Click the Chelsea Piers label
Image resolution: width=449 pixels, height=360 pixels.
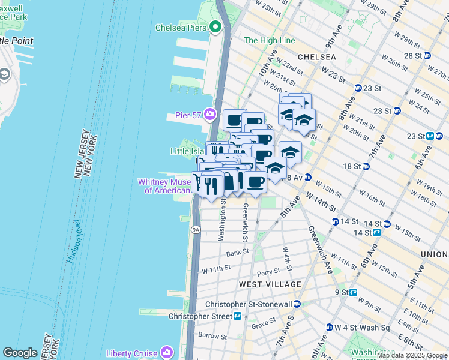[181, 28]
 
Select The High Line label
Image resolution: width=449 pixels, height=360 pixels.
[270, 40]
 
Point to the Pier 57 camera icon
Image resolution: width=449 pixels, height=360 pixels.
[209, 113]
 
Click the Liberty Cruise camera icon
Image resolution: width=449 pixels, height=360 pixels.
[167, 353]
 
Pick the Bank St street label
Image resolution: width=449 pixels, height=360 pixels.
[237, 253]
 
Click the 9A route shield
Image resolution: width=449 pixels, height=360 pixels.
[196, 230]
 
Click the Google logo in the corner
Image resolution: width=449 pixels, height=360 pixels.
[20, 352]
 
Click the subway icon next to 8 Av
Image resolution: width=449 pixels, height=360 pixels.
[307, 177]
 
